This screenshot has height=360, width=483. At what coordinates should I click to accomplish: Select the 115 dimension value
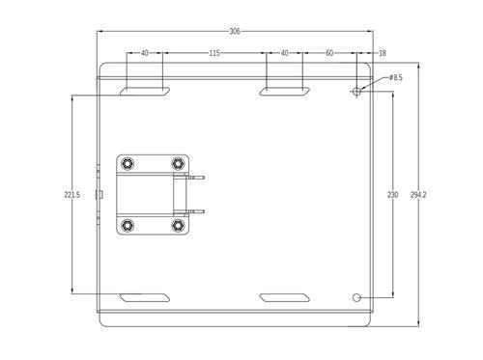click(x=213, y=53)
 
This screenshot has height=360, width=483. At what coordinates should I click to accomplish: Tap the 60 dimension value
click(x=329, y=53)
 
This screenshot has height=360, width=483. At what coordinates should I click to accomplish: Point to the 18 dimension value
click(x=383, y=53)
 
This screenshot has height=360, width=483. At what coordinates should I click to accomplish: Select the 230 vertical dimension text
click(x=392, y=195)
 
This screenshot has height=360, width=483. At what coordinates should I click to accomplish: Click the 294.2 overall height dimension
click(x=418, y=195)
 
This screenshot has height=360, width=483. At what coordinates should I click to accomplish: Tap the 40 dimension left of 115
click(x=145, y=53)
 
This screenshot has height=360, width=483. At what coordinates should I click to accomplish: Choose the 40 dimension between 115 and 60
click(x=284, y=53)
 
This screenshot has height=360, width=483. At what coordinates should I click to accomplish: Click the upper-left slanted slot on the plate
click(x=144, y=92)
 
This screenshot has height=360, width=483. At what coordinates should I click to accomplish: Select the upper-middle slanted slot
click(x=284, y=92)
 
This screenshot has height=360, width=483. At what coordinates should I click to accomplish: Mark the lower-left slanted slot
click(x=144, y=296)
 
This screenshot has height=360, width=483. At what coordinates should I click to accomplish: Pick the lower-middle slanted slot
click(x=284, y=296)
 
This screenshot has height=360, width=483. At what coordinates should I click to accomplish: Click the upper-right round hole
click(x=357, y=93)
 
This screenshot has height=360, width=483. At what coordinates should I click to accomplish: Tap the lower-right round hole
click(x=357, y=296)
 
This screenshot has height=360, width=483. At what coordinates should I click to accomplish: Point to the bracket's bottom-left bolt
click(x=128, y=225)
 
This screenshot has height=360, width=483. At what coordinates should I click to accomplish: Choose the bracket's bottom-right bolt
click(x=177, y=225)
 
